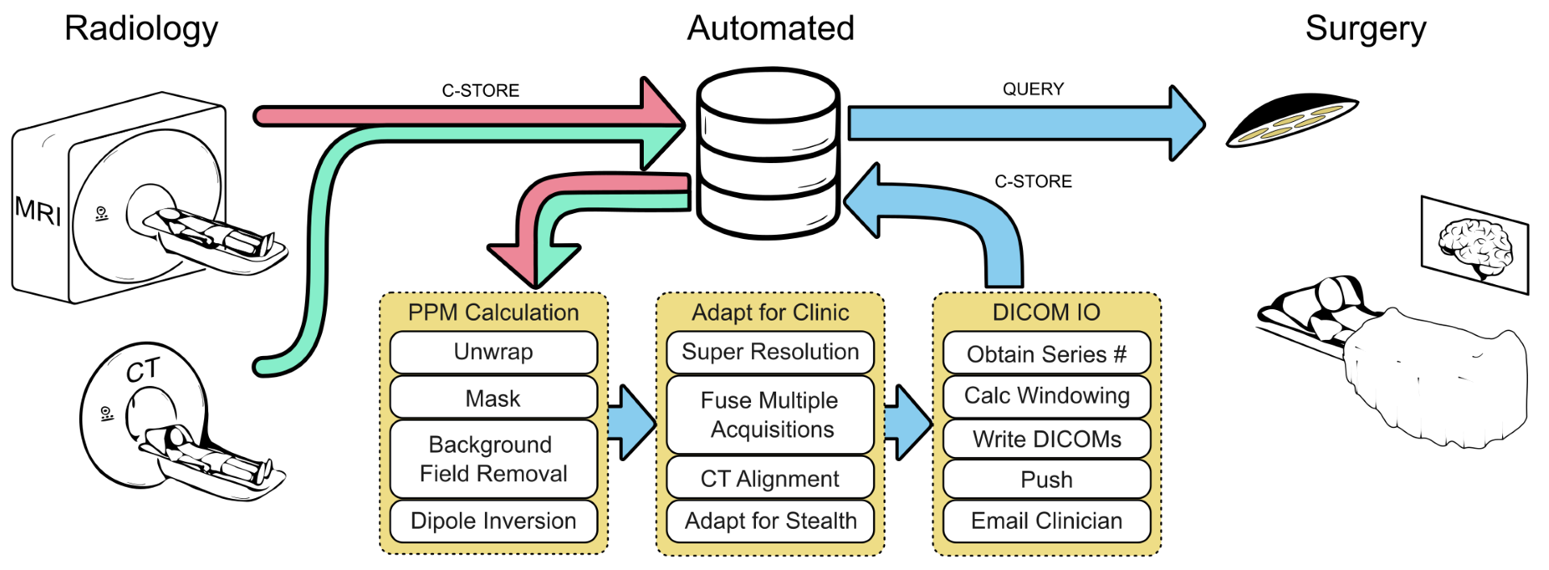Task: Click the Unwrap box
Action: coord(493,352)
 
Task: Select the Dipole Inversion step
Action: coord(493,521)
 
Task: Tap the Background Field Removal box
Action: coord(493,459)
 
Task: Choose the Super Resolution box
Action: coord(770,352)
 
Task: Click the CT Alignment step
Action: coord(770,479)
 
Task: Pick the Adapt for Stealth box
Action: coord(770,521)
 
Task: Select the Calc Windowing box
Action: coord(1046,396)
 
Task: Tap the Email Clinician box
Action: coord(1046,521)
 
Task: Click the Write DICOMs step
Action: coord(1046,439)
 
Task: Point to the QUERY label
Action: coord(1033,89)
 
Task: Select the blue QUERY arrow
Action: coord(1025,124)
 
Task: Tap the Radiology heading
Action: coord(141,28)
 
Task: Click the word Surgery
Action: coord(1365,28)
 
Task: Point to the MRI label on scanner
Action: coord(38,211)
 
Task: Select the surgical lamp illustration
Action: coord(1291,121)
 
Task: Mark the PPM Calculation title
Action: coord(493,312)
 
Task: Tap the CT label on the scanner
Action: coord(143,371)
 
